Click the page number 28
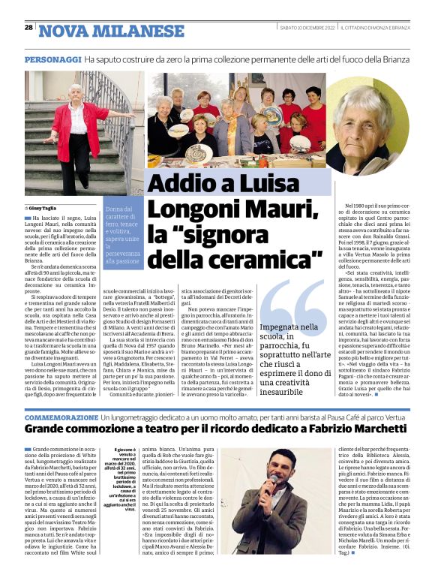28,27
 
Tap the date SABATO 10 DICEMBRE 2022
295,28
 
